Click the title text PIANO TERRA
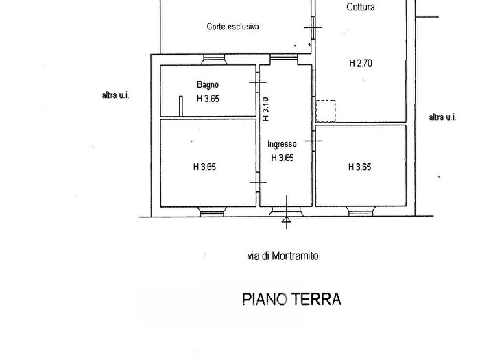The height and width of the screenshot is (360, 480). (291, 299)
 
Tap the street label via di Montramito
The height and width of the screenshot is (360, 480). (283, 256)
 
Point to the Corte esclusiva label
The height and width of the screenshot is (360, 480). (232, 27)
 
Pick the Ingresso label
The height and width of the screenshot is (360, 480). (282, 144)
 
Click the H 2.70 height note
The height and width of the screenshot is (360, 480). (360, 64)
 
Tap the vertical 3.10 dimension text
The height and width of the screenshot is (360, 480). (266, 109)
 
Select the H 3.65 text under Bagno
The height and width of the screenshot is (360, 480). (208, 99)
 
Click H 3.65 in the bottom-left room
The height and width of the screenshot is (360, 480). (204, 167)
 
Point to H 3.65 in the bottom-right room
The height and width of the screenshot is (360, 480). (360, 167)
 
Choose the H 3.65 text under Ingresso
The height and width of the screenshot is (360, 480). (283, 157)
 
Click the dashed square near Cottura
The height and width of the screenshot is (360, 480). (326, 110)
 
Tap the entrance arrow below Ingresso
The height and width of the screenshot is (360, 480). (287, 218)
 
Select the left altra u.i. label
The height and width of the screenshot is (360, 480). (115, 96)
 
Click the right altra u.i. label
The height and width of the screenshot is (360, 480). (442, 117)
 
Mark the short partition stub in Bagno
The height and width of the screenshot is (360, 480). (180, 106)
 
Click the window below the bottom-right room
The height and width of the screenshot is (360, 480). (361, 211)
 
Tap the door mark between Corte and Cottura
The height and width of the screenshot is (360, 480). (313, 27)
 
